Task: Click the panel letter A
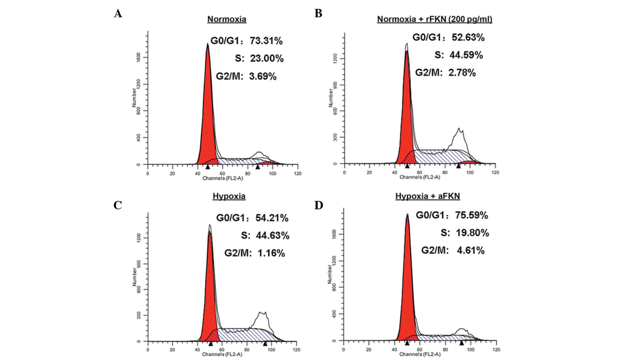[118, 14]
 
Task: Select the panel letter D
[319, 205]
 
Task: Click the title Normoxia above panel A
[227, 19]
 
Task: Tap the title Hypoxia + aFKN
[427, 196]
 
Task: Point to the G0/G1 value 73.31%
[266, 41]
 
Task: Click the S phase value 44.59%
[466, 55]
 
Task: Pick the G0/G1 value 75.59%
[471, 215]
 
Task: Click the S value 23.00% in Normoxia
[267, 59]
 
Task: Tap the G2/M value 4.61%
[471, 250]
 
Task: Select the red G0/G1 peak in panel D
[407, 282]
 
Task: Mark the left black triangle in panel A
[208, 167]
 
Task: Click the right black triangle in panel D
[461, 343]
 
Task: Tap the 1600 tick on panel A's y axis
[138, 57]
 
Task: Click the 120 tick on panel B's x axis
[495, 172]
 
